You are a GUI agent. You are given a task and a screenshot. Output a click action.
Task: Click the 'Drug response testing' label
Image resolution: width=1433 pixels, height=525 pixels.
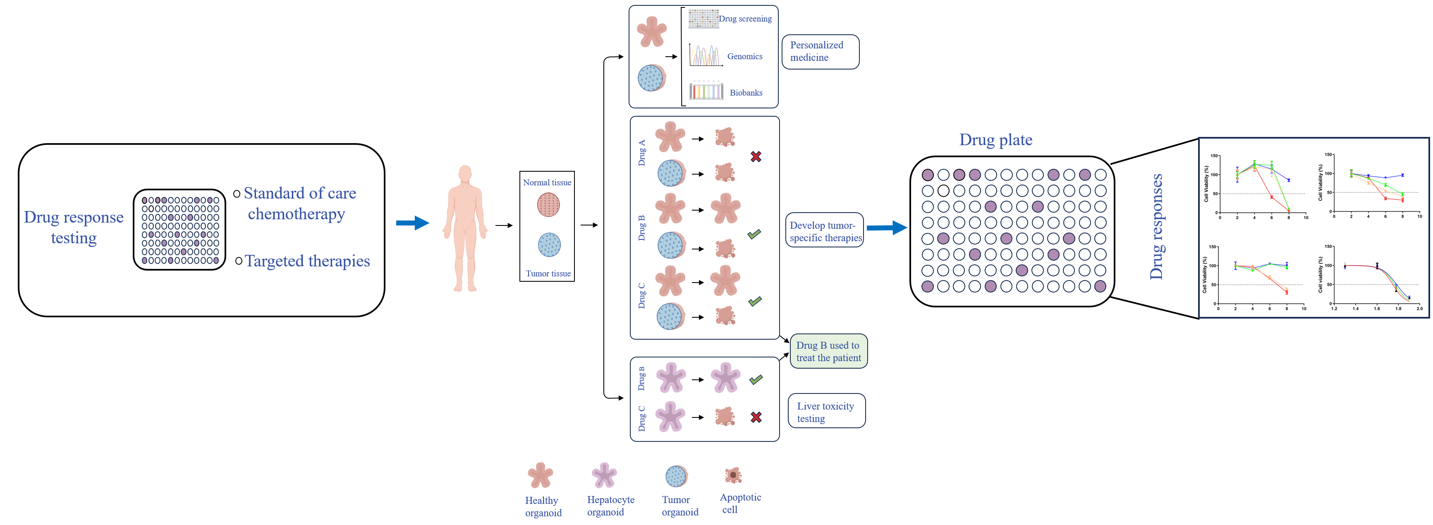click(74, 227)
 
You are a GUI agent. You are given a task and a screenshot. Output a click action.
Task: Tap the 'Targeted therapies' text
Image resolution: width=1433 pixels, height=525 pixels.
click(307, 261)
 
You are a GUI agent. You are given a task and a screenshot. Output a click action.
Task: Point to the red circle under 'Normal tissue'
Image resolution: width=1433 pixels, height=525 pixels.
click(548, 205)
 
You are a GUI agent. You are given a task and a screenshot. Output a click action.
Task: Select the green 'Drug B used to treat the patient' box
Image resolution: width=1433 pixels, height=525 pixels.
click(828, 351)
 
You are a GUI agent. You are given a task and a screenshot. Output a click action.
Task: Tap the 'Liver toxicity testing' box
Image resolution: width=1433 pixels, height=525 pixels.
click(826, 412)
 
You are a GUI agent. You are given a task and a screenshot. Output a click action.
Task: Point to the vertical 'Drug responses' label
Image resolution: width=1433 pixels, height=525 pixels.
click(1156, 227)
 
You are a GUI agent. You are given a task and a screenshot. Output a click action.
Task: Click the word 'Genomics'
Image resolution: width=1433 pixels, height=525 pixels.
click(744, 56)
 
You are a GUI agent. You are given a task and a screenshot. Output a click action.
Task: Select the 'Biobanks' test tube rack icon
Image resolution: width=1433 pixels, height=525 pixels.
click(706, 91)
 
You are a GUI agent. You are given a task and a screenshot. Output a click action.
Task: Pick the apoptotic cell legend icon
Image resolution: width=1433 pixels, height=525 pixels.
click(733, 475)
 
